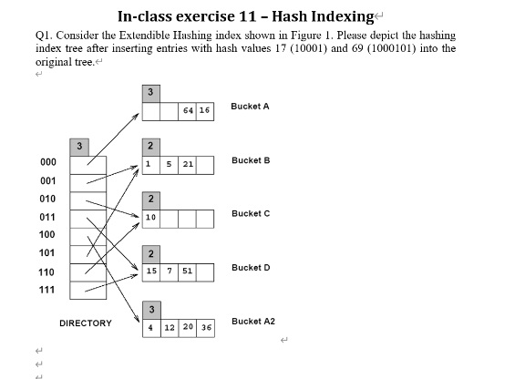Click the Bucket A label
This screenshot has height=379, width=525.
[x=250, y=107]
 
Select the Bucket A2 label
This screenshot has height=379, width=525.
[x=252, y=322]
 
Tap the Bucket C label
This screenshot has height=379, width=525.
[x=250, y=213]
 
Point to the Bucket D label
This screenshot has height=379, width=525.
[x=250, y=268]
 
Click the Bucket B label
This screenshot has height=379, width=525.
[x=250, y=160]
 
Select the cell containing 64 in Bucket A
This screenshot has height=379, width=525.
[x=188, y=111]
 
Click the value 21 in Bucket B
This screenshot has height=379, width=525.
[x=188, y=165]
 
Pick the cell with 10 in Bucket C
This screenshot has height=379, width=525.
[x=151, y=218]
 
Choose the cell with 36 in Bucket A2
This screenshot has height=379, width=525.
[x=206, y=326]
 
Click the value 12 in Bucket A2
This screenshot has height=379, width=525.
[x=170, y=326]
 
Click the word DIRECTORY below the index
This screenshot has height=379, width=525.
[x=86, y=323]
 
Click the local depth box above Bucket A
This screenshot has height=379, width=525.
[x=151, y=93]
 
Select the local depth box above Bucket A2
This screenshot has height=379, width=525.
[x=151, y=308]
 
